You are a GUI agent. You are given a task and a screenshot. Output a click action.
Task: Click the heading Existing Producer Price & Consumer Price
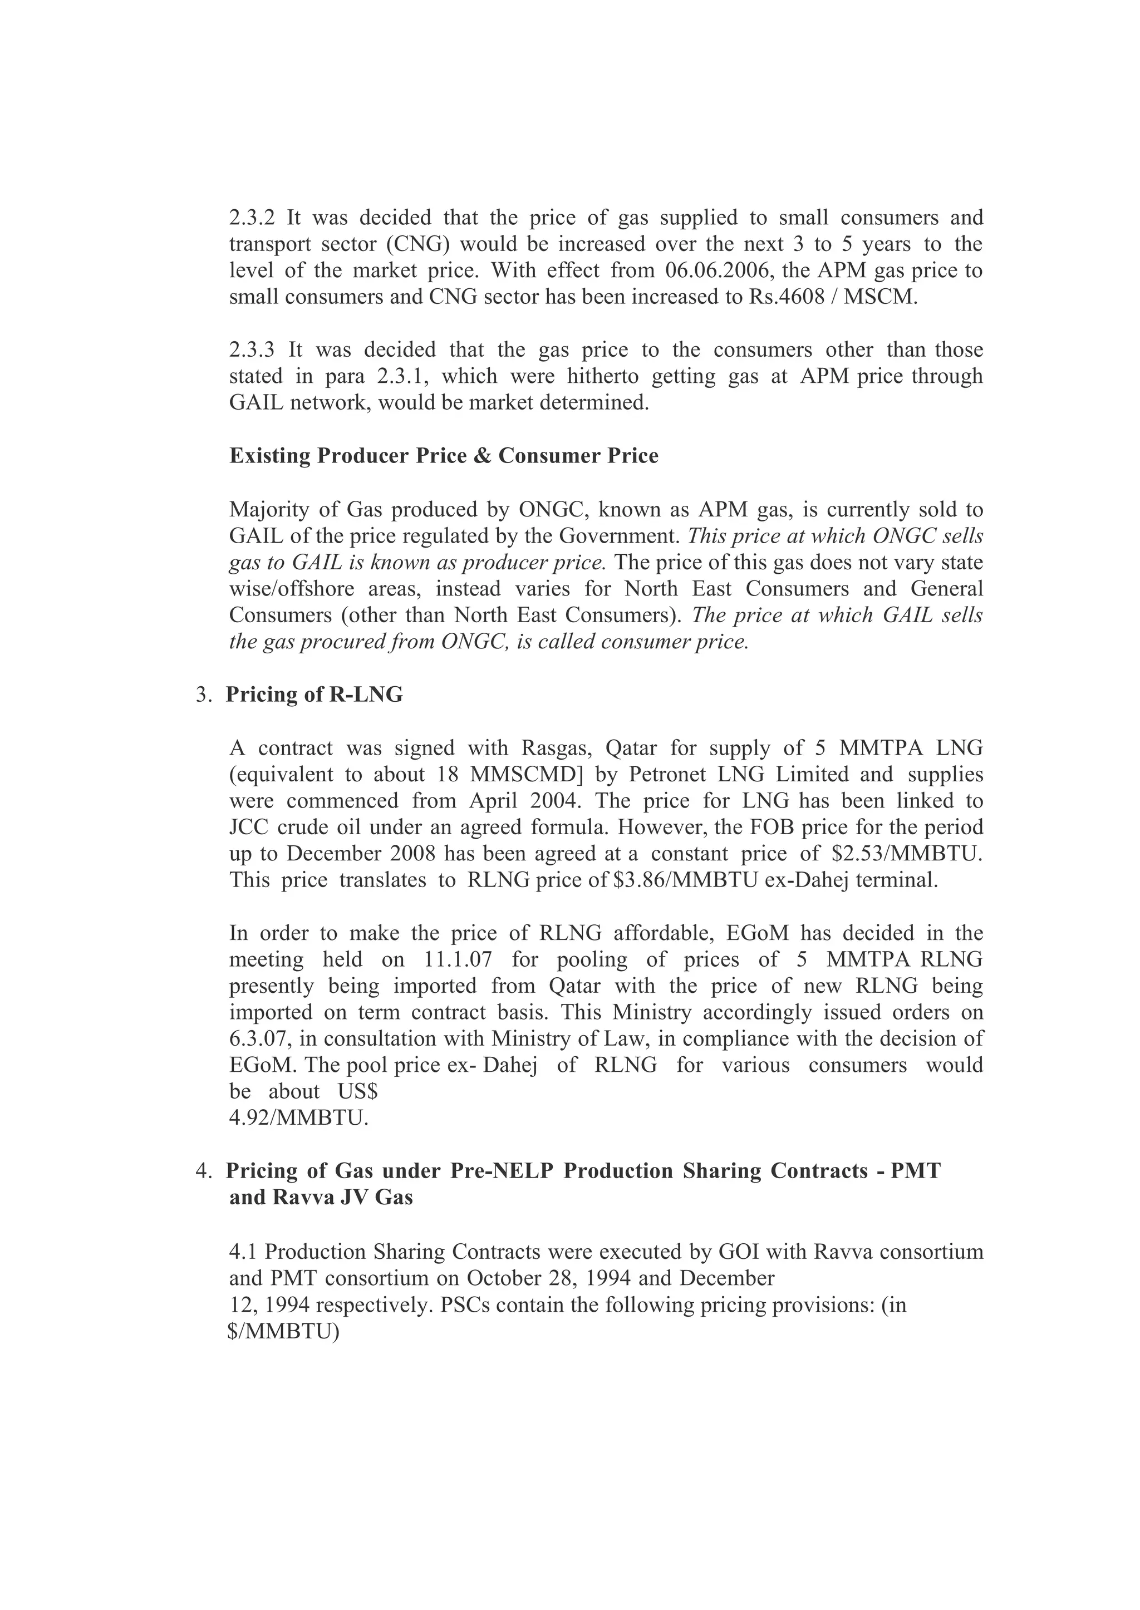(444, 456)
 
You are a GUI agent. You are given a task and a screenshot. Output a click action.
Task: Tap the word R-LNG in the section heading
(366, 695)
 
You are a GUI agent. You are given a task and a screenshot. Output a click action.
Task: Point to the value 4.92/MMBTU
(298, 1119)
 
